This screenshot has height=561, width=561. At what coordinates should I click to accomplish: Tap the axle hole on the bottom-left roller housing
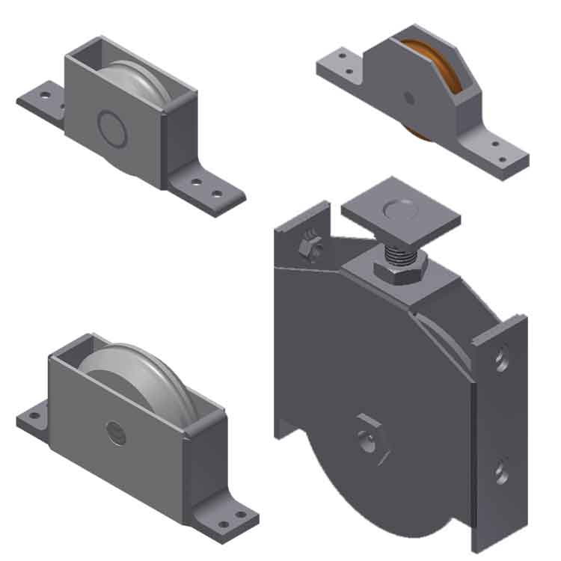(x=116, y=432)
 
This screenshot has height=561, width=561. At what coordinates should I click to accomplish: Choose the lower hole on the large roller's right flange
(x=501, y=472)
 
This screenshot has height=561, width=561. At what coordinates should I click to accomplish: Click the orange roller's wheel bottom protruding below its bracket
(x=419, y=133)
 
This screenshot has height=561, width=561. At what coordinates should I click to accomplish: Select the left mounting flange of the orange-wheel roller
(x=340, y=64)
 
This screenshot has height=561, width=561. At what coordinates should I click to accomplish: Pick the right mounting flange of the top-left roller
(x=206, y=188)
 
